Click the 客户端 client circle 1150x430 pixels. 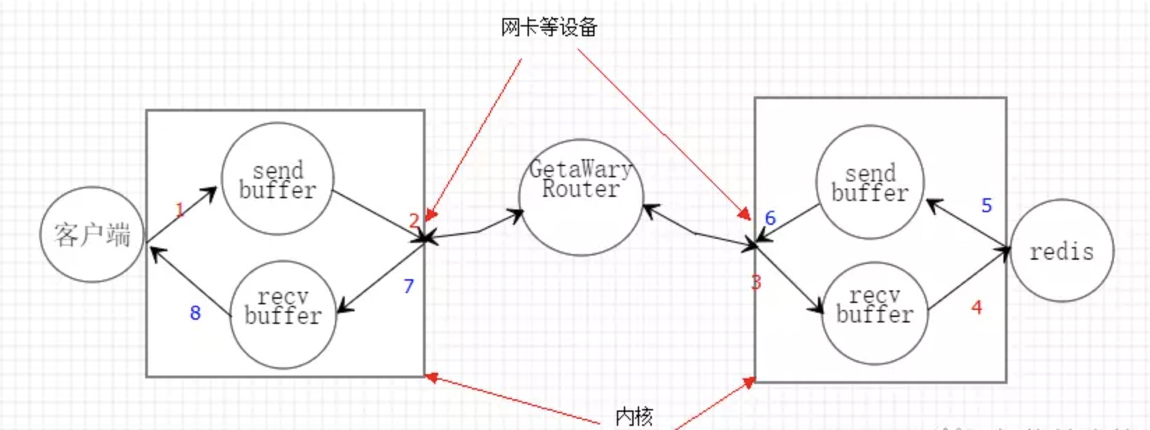pos(92,235)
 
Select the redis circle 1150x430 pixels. pos(1061,251)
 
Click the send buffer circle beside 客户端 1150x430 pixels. pos(278,179)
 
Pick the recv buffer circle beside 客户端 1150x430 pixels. pos(283,315)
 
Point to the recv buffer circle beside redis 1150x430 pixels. pos(874,313)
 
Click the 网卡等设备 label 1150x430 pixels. pos(549,28)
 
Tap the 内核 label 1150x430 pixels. pos(634,416)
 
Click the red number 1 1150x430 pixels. pos(180,209)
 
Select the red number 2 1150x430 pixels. pos(414,221)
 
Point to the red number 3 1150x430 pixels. pos(756,282)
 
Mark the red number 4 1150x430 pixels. pos(976,307)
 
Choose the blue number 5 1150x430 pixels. pos(986,205)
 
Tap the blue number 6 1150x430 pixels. pos(770,218)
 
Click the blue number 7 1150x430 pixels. pos(408,286)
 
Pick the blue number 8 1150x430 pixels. pos(195,313)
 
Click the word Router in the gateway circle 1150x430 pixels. pos(581,189)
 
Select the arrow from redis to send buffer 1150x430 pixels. pos(968,224)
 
